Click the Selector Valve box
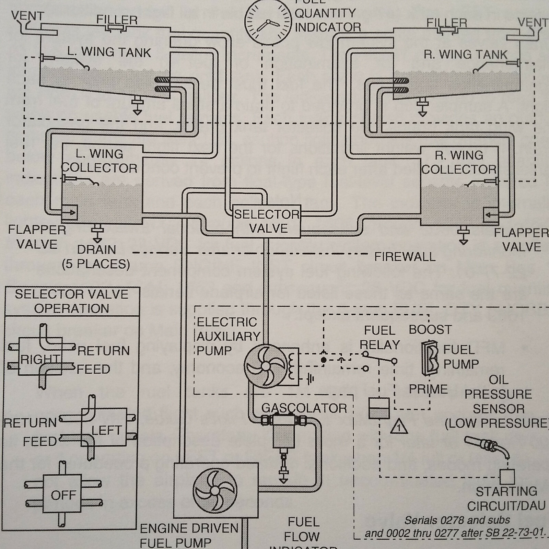coord(267,222)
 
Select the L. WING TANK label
coord(109,52)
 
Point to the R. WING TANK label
coord(465,55)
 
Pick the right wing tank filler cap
coord(447,31)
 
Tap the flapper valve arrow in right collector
coord(491,215)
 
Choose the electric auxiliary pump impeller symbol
coord(266,366)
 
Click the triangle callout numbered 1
coord(399,427)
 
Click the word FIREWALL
coord(405,257)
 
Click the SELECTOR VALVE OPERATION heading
coord(72,301)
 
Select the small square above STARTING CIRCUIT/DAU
coord(507,476)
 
